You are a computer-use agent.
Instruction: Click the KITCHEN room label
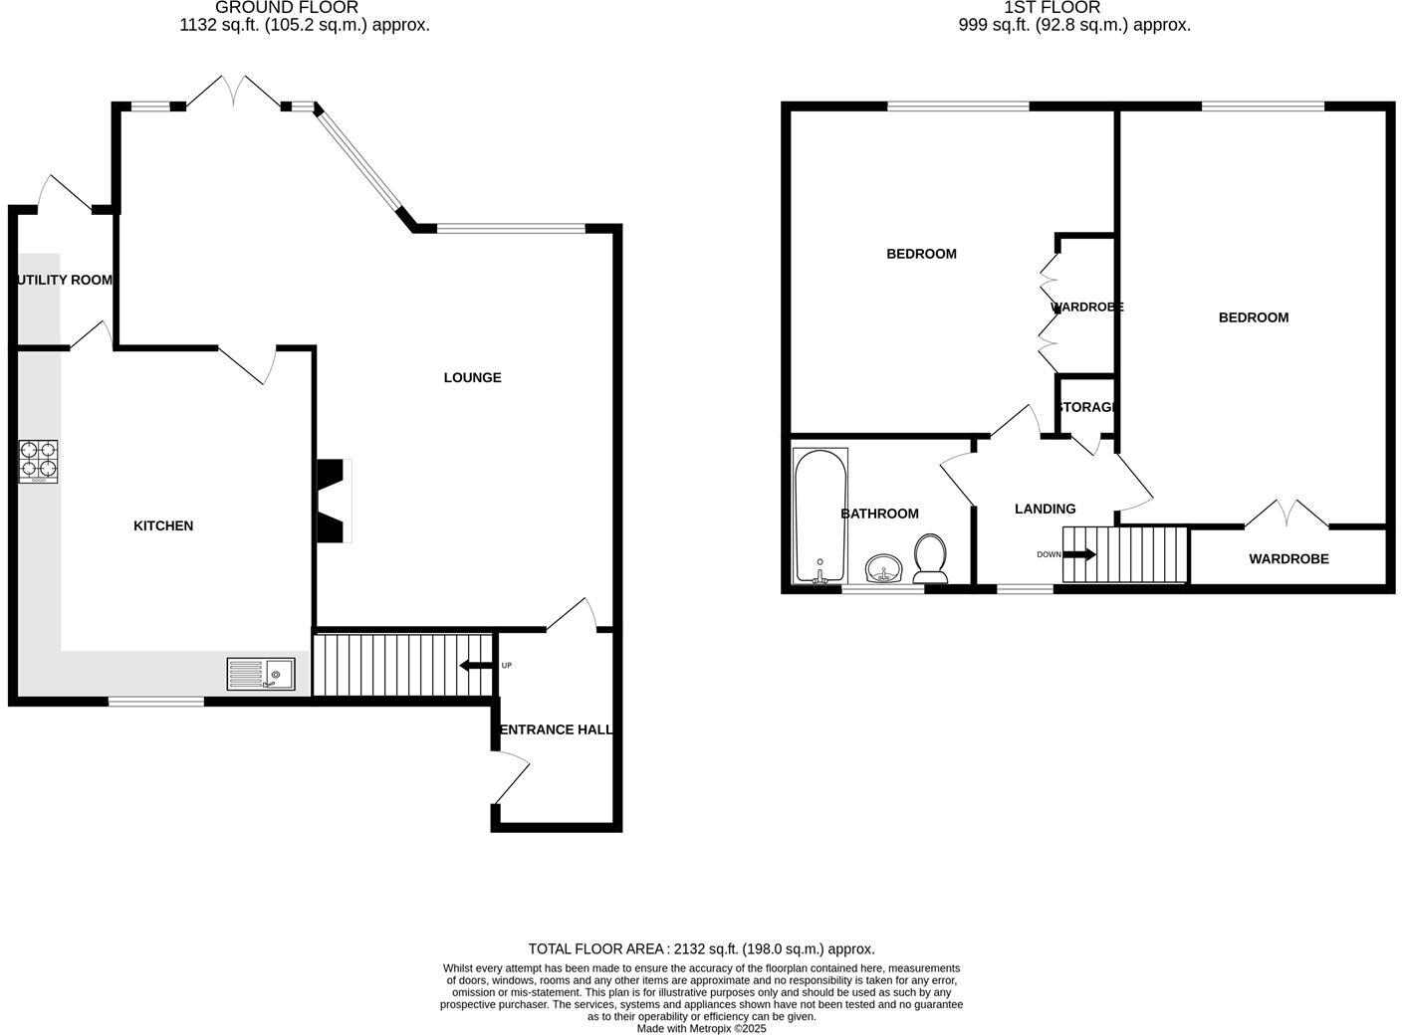[163, 525]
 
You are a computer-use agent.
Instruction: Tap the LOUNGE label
[472, 377]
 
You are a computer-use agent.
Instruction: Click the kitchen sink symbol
[262, 674]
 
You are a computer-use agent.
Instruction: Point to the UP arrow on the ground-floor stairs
[476, 666]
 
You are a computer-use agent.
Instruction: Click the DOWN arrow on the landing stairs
[1078, 554]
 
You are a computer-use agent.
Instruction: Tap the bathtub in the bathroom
[819, 516]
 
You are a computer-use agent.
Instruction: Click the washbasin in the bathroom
[883, 569]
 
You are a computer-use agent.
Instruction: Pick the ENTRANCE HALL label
[556, 729]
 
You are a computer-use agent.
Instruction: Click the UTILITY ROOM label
[65, 280]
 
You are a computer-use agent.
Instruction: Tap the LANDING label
[1045, 509]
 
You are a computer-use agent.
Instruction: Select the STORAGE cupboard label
[1086, 407]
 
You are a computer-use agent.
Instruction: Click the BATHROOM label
[879, 514]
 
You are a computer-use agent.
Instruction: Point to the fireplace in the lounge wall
[333, 501]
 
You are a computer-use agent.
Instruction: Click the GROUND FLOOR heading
[287, 8]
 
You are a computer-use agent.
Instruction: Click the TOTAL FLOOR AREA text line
[701, 948]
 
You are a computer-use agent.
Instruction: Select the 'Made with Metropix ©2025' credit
[701, 1028]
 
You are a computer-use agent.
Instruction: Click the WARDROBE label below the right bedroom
[1288, 558]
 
